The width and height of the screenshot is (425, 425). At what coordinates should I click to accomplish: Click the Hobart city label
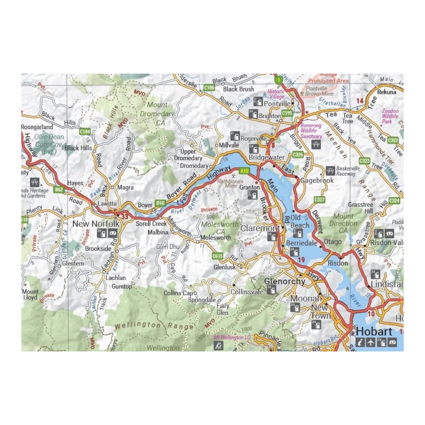pos(374,331)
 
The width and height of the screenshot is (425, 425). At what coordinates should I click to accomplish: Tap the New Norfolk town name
pos(96,224)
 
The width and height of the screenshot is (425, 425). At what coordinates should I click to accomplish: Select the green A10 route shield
pos(244,171)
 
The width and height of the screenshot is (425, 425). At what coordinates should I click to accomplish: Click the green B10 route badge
pos(160,203)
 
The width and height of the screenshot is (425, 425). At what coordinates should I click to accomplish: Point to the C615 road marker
pos(217,256)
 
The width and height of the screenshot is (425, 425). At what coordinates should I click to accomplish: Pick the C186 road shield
pos(209,87)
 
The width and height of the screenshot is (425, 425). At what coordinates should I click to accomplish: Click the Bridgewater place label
pos(266,157)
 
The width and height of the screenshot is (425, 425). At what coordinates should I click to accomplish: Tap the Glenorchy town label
pos(284,281)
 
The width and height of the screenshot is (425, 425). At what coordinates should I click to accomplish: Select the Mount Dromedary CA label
pos(157,114)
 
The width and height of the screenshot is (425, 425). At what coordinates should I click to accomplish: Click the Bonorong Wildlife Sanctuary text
pos(311,131)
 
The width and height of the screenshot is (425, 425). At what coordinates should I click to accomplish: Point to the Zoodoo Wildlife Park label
pos(390,116)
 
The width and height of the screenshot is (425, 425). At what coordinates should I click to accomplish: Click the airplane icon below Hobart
pos(371,342)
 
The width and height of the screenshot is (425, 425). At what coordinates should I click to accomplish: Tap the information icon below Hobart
pos(360,342)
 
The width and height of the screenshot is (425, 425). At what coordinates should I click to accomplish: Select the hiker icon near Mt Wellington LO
pos(219,345)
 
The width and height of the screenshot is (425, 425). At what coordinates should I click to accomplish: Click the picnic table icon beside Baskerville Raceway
pos(330,171)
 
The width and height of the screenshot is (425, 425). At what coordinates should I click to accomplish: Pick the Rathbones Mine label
pos(230,183)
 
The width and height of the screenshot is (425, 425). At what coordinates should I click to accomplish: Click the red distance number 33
pos(125,216)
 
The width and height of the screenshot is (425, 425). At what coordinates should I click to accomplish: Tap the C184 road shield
pos(85,131)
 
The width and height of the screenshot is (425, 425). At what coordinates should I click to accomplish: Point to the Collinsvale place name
pos(247,292)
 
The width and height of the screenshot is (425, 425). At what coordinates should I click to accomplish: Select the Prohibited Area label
pos(328,80)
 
